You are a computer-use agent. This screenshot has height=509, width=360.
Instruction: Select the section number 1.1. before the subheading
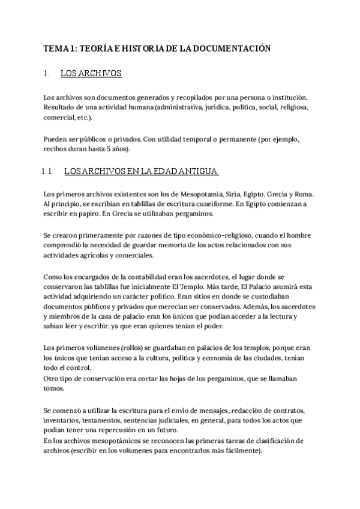tap(48, 172)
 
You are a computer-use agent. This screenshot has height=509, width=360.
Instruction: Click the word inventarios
tap(61, 420)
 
